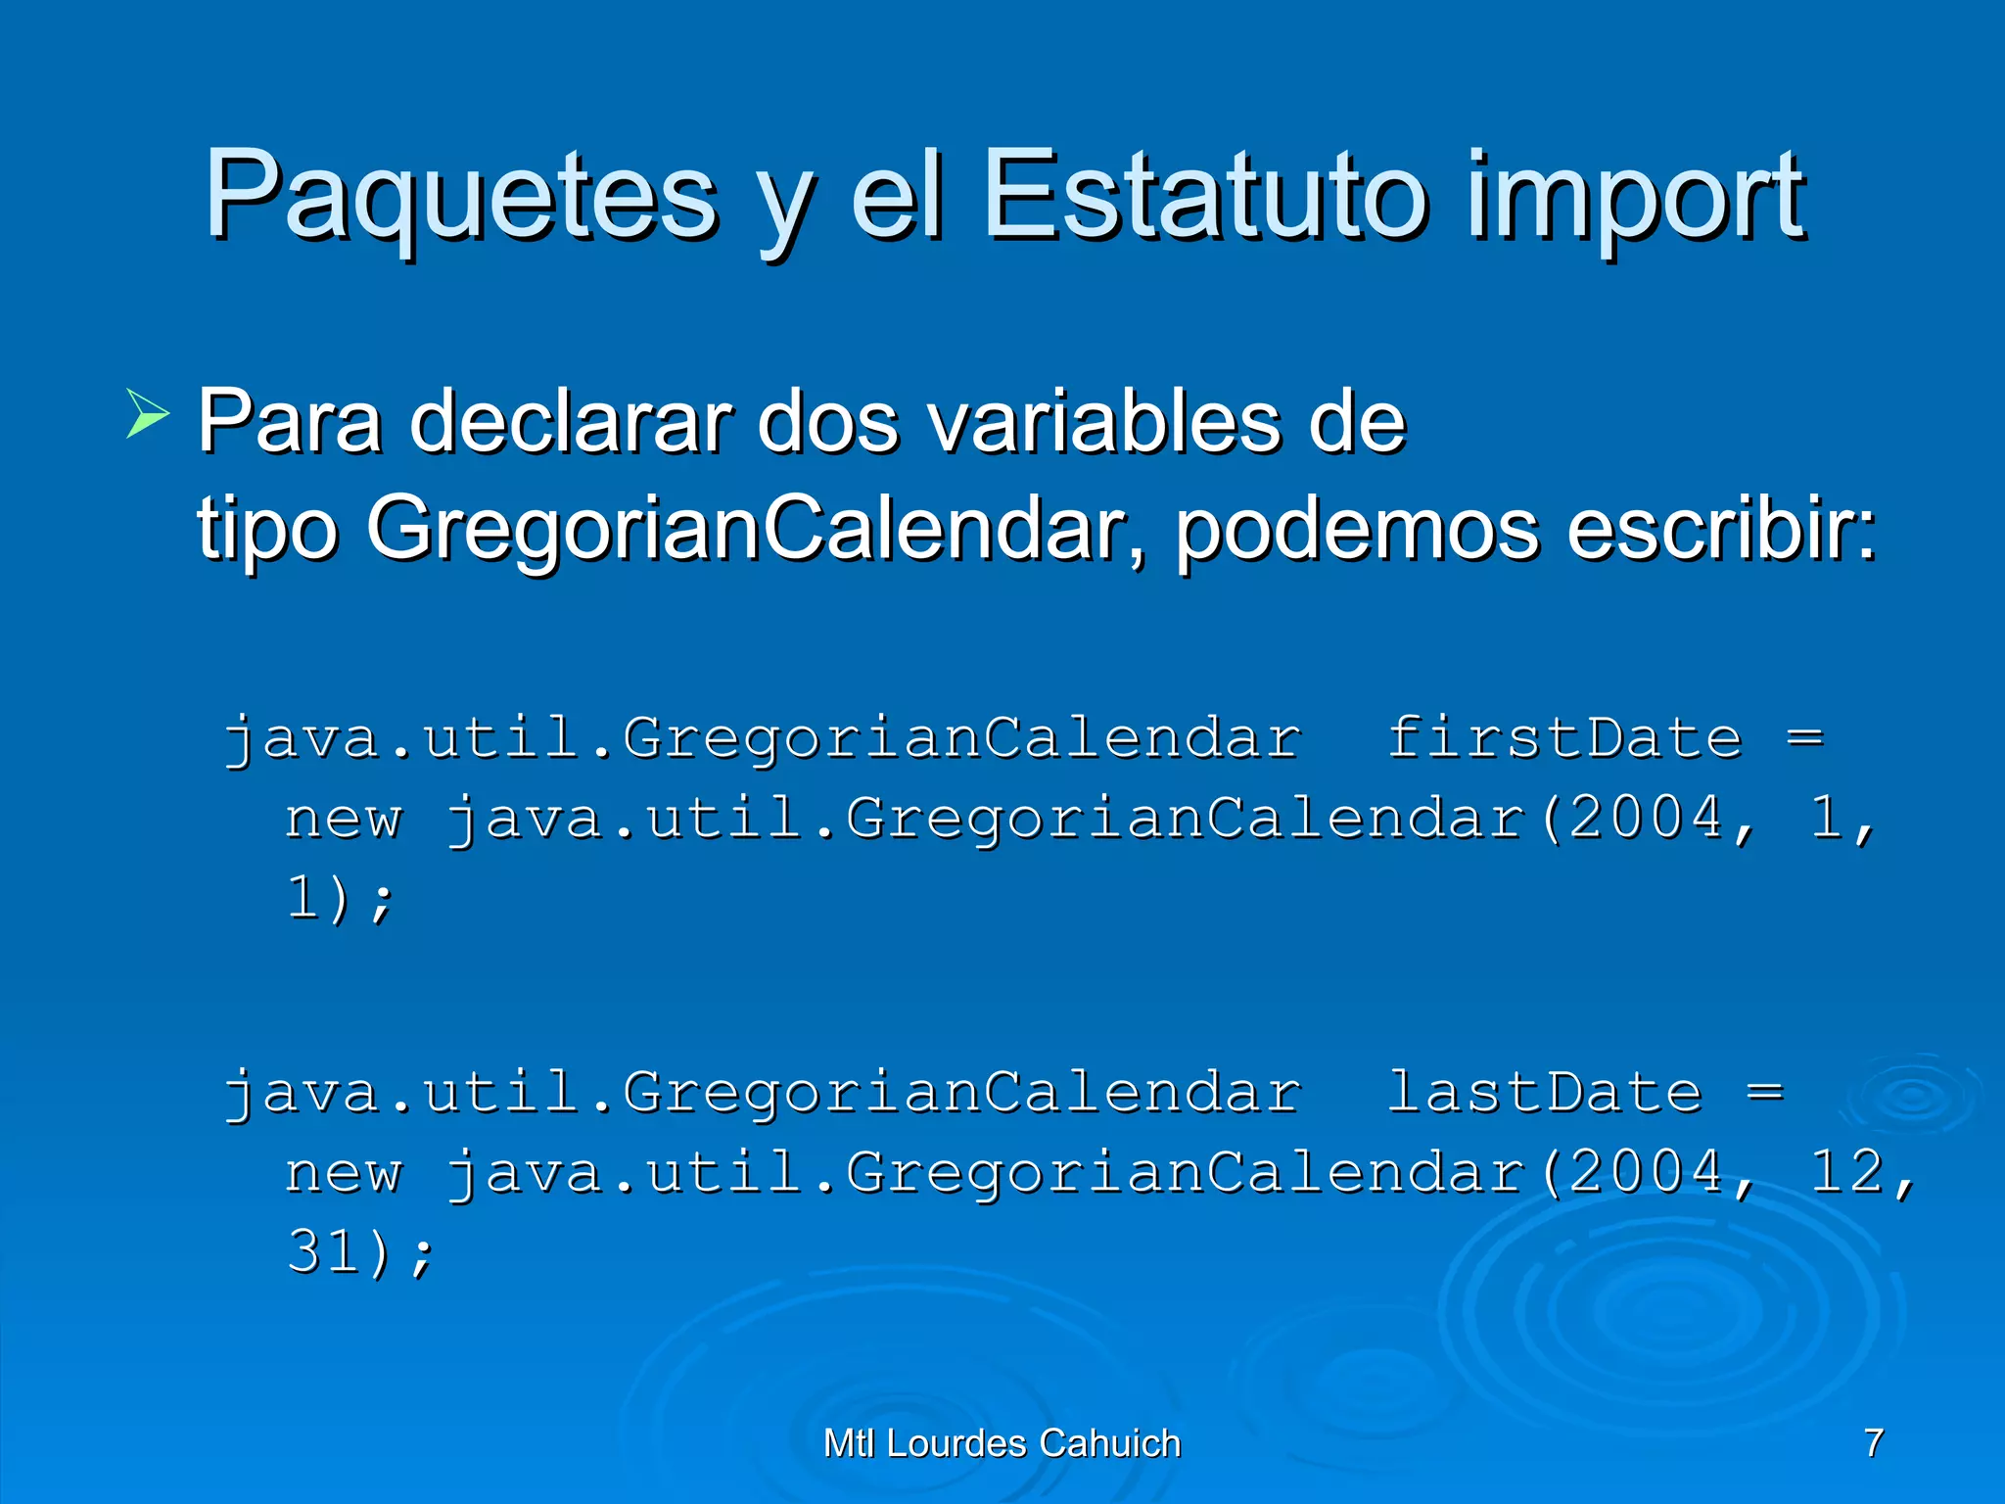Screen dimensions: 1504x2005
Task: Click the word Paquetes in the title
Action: pos(460,196)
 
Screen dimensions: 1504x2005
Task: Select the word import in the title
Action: pos(1635,201)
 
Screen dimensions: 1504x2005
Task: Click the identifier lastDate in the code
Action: pos(1545,1092)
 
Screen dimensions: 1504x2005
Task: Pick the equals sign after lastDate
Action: pos(1765,1092)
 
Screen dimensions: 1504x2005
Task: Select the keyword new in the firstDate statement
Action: pos(344,819)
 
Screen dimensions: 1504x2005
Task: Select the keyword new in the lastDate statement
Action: pos(344,1173)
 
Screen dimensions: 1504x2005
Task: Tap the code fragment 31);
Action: pos(360,1252)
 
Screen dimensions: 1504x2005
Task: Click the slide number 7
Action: pos(1874,1442)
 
